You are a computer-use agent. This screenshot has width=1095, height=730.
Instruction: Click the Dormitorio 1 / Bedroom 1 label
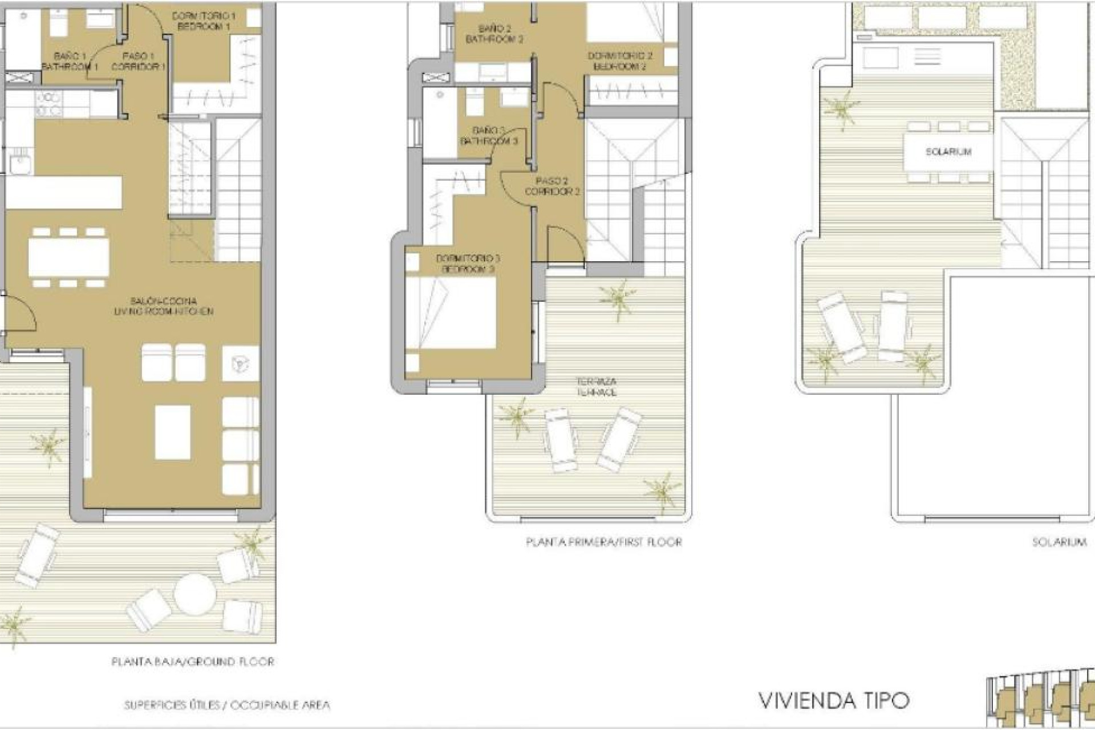[203, 21]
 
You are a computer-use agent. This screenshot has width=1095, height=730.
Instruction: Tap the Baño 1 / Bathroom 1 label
[70, 62]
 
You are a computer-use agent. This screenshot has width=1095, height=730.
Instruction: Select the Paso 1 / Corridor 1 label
[138, 62]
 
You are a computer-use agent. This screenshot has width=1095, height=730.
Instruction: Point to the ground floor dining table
[69, 257]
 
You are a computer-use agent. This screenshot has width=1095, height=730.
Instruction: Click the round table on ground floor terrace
[195, 593]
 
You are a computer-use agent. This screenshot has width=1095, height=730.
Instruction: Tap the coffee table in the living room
[172, 432]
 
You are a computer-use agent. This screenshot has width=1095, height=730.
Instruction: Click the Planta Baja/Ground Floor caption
[193, 662]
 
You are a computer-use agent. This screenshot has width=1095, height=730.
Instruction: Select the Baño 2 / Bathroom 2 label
[494, 34]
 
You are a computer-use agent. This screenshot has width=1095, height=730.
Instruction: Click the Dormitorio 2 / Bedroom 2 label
[619, 61]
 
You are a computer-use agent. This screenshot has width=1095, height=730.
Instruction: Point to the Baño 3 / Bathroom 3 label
[489, 136]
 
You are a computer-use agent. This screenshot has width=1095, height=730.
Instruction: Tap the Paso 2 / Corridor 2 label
[551, 186]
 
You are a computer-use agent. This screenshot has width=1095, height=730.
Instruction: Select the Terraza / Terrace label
[596, 387]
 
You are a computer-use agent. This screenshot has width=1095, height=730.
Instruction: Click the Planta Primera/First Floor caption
[603, 542]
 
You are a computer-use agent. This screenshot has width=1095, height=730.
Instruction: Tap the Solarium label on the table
[948, 152]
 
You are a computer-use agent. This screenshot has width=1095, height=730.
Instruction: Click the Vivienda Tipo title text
[834, 701]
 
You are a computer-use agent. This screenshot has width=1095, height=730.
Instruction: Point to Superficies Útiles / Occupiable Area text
[227, 705]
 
